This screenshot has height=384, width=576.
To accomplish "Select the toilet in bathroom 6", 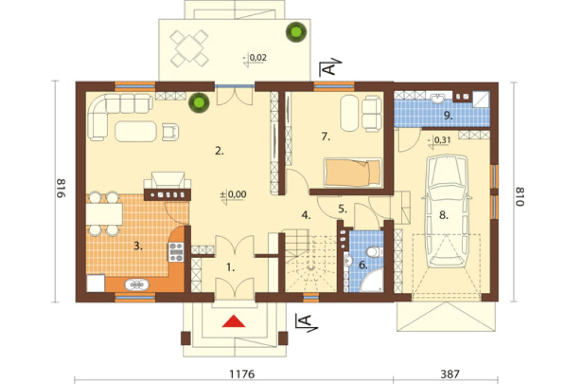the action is [x=374, y=252].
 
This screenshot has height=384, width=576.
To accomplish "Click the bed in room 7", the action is [x=353, y=172].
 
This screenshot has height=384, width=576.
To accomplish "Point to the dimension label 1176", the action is [x=242, y=374].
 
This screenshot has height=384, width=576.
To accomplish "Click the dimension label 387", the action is [x=449, y=374].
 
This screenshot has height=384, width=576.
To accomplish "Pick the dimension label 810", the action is [x=519, y=197].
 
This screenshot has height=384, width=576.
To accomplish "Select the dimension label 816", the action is [x=61, y=189].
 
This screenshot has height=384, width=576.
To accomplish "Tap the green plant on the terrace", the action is [x=296, y=32].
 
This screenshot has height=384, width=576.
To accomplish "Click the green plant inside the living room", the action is [x=199, y=102].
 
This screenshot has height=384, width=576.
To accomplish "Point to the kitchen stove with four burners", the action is [x=176, y=252].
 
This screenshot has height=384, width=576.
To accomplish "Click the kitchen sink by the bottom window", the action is [x=137, y=284].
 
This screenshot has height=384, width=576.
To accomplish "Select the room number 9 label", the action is [x=448, y=115].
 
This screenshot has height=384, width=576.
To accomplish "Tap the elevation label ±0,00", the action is [x=233, y=194].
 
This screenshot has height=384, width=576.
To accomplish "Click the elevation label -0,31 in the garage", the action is [x=439, y=140].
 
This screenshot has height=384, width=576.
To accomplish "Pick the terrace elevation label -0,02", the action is [x=255, y=58].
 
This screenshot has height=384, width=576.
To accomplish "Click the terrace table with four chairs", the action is [x=189, y=48].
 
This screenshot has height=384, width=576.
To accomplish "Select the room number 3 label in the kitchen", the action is [x=138, y=246].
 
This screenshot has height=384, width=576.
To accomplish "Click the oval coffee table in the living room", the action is [x=136, y=131].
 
